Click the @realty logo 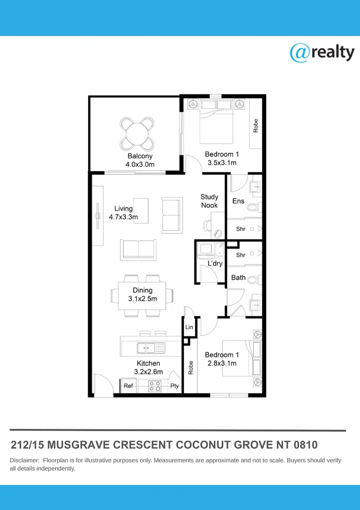pos(322,52)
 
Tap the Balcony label pos(140,156)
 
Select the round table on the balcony pos(137,132)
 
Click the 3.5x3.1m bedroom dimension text pos(222,163)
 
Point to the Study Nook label pos(209,201)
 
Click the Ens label pos(238,201)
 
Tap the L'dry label pos(215,263)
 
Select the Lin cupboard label pos(189,327)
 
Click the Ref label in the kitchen pos(128,386)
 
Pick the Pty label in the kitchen pos(175,386)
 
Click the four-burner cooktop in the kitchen pos(155,386)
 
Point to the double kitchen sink pos(151,348)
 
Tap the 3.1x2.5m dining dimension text pos(142,299)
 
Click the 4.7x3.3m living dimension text pos(124,217)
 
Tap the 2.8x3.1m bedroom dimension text pos(222,363)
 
